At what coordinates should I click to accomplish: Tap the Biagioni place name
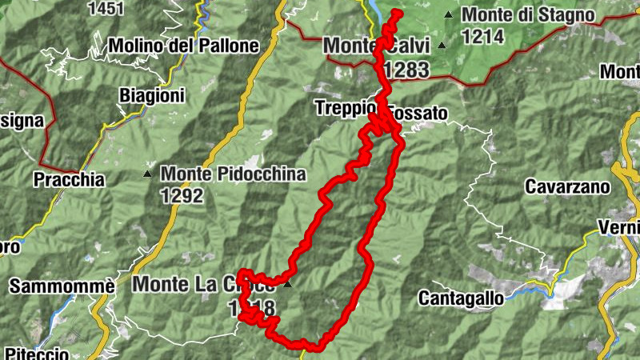[152, 96]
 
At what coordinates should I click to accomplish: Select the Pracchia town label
[69, 180]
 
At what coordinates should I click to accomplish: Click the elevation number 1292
[182, 195]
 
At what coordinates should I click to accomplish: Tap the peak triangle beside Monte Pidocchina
[147, 174]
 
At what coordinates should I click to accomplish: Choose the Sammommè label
[50, 286]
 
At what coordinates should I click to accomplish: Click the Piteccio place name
[37, 353]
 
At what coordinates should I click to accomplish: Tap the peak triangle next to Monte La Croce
[288, 283]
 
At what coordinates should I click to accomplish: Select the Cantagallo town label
[462, 298]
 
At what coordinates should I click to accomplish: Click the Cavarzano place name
[567, 186]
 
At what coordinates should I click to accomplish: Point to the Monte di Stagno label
[528, 14]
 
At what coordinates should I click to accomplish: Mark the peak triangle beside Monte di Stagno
[449, 14]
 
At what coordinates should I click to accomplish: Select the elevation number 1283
[406, 70]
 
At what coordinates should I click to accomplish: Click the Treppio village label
[342, 107]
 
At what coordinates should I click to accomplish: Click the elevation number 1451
[107, 8]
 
